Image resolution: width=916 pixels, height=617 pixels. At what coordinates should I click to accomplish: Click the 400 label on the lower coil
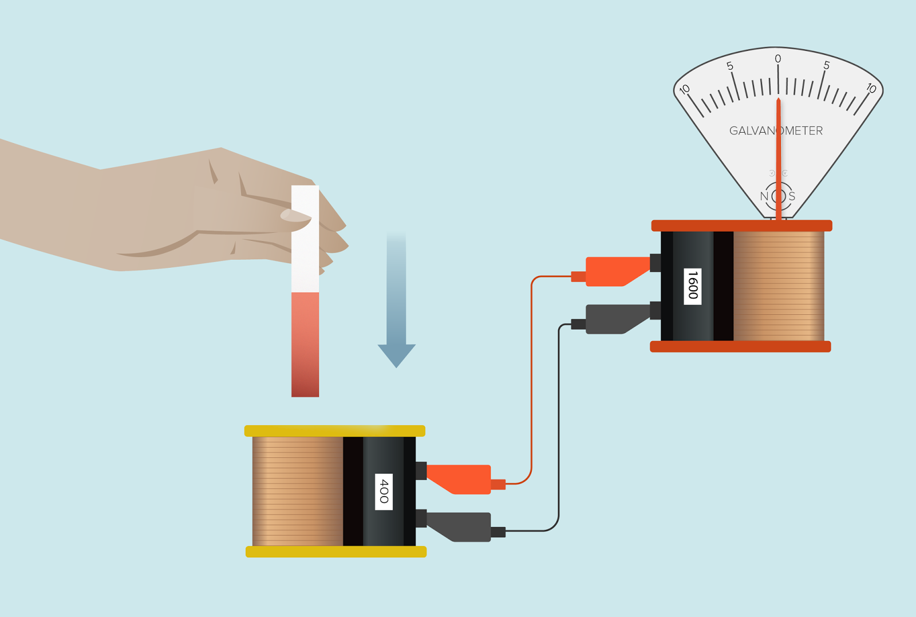click(384, 492)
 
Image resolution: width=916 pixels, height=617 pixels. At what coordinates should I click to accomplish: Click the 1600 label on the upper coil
click(692, 286)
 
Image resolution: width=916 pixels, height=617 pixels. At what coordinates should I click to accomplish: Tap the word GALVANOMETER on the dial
click(776, 131)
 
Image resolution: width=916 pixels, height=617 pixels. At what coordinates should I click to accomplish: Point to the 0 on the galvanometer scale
click(778, 59)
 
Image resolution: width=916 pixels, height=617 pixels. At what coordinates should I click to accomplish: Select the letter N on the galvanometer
click(764, 197)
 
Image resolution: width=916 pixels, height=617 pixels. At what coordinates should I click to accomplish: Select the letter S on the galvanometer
click(792, 197)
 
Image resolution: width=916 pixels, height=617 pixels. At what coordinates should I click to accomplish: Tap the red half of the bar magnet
click(305, 345)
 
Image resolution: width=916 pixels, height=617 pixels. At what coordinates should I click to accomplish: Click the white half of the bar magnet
click(305, 239)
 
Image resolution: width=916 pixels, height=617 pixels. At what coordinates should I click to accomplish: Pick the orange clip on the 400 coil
click(461, 479)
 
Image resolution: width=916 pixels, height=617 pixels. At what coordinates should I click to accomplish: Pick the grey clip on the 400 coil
click(461, 527)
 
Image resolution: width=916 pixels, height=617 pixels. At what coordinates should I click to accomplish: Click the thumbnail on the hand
click(295, 215)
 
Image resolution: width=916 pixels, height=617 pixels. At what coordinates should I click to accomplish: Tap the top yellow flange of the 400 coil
click(335, 431)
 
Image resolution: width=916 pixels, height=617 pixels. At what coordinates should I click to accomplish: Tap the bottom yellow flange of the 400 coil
click(336, 552)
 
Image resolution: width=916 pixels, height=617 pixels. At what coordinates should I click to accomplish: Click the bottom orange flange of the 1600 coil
click(741, 346)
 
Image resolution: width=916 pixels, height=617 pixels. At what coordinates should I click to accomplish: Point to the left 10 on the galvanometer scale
click(685, 89)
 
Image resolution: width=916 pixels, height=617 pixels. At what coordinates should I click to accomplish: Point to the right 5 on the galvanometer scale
click(827, 65)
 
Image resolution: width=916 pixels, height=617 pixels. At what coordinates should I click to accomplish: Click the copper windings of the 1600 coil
click(779, 286)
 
